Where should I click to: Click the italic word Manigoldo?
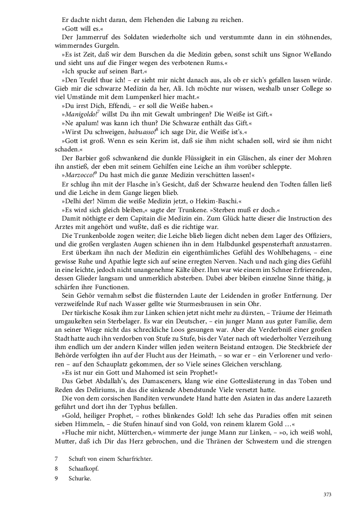click(79, 114)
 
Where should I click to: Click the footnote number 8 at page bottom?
click(56, 468)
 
